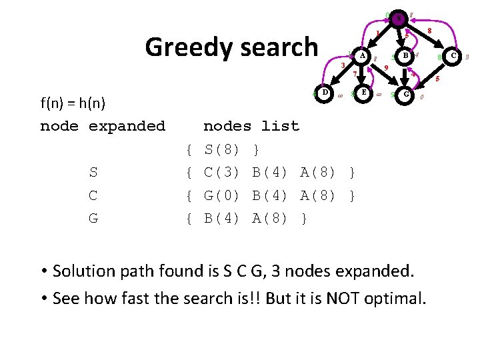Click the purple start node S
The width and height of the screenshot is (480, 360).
click(398, 19)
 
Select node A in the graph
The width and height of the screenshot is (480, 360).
click(362, 57)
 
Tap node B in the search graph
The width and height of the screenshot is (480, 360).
click(405, 57)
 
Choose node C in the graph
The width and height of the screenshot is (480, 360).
click(453, 57)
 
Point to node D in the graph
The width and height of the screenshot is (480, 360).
click(324, 93)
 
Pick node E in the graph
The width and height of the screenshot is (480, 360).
click(363, 93)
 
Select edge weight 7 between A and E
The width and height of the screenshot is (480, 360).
click(355, 73)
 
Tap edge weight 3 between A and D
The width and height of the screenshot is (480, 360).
click(342, 65)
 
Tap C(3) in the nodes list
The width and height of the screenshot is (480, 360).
click(222, 173)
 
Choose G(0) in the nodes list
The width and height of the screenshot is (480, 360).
click(222, 196)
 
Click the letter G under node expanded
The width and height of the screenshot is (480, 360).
click(93, 219)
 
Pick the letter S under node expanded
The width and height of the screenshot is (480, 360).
click(93, 173)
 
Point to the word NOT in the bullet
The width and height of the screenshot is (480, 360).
click(345, 298)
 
